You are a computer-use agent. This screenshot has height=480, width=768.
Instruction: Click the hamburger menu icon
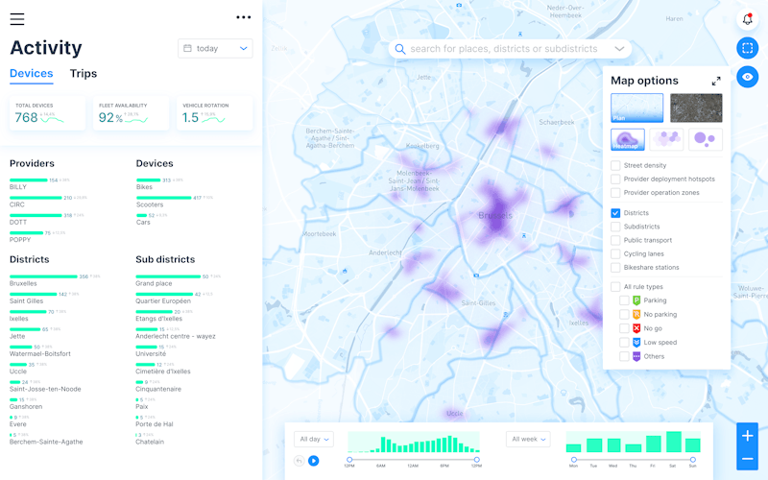(x=17, y=18)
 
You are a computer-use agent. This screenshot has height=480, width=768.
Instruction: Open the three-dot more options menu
(x=243, y=17)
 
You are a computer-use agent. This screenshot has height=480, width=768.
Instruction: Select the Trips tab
(x=84, y=73)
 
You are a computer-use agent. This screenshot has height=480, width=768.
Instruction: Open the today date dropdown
(x=215, y=48)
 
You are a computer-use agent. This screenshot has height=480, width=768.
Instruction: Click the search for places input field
(x=503, y=49)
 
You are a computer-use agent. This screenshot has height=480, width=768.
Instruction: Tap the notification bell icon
(x=747, y=19)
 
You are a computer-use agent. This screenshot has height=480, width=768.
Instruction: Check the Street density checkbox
(x=615, y=165)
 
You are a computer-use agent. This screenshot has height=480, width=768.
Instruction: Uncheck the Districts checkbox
(x=615, y=213)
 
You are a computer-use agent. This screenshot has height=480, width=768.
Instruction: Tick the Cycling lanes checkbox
(x=615, y=253)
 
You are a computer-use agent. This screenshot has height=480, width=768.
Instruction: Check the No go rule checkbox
(x=625, y=328)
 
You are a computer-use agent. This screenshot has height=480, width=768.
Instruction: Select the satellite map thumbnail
(x=696, y=108)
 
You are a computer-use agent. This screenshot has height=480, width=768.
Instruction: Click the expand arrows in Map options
(x=716, y=82)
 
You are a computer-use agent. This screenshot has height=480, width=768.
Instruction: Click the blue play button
(x=313, y=461)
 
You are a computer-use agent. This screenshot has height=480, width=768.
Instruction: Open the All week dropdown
(x=528, y=439)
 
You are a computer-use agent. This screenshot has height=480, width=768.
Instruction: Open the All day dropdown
(x=314, y=439)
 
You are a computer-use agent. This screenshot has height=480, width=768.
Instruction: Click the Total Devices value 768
(x=26, y=118)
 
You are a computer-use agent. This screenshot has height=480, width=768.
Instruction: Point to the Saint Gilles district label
(x=28, y=301)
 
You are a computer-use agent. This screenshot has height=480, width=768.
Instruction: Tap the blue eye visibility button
(x=747, y=77)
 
